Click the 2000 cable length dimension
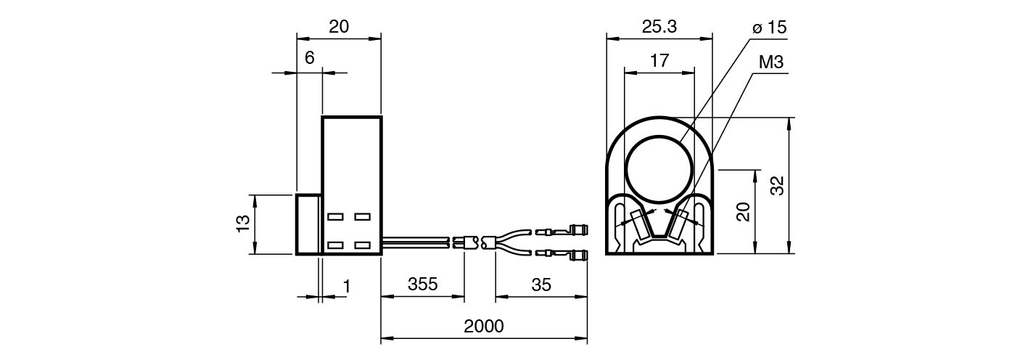(484, 327)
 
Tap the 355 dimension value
(423, 285)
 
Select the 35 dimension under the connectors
(541, 285)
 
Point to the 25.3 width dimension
(659, 27)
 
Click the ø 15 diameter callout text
(770, 28)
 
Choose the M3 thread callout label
(771, 62)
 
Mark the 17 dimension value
(659, 61)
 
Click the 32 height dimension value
(778, 186)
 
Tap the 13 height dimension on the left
(243, 224)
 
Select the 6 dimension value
(310, 58)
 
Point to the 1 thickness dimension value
(347, 286)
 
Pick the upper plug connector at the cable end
(562, 230)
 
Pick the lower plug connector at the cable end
(562, 254)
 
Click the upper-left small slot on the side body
(335, 216)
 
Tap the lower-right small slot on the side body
(363, 245)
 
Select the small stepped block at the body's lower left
(308, 224)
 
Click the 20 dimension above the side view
(339, 27)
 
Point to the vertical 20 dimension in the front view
(743, 212)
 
